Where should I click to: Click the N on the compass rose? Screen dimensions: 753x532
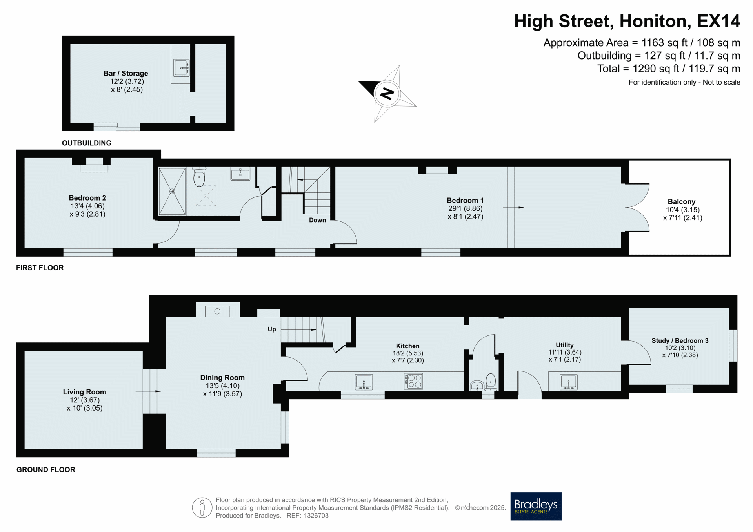tap(387, 94)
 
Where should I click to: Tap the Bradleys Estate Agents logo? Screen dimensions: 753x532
tap(536, 506)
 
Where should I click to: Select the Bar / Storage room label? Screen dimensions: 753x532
tap(126, 73)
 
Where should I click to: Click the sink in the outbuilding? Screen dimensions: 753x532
tap(181, 68)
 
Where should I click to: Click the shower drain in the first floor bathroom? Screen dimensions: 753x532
tap(172, 192)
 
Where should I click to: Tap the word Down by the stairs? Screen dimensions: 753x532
tap(317, 220)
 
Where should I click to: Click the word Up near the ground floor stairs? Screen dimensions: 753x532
tap(272, 329)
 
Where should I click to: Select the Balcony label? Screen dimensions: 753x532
tap(682, 202)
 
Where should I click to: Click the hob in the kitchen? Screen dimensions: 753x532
tap(413, 381)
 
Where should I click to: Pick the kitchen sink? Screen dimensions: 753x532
tap(364, 382)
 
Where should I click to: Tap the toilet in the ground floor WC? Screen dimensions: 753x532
tap(491, 382)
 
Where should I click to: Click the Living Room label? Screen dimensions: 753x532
tap(85, 392)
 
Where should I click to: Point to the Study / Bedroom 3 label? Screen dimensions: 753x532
tap(680, 340)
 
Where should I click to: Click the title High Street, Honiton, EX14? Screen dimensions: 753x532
tap(627, 21)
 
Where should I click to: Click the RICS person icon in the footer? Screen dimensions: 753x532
tap(202, 508)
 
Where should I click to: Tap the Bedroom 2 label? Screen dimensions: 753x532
tap(87, 198)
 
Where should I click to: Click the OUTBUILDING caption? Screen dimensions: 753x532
tap(87, 143)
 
